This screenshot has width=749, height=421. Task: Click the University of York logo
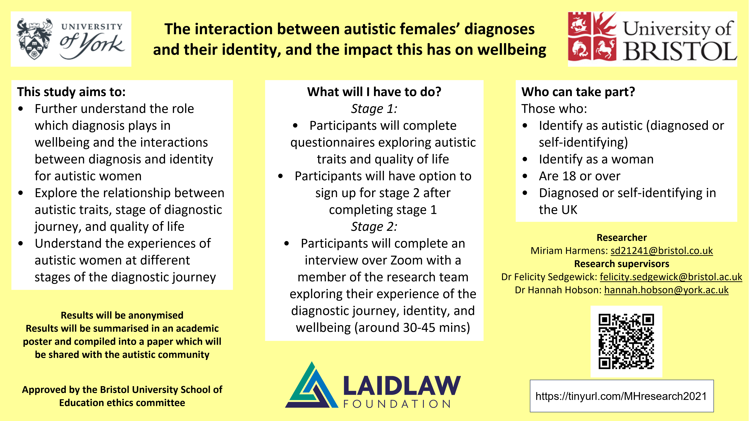(x=71, y=39)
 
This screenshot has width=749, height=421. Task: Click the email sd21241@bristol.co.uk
(x=662, y=251)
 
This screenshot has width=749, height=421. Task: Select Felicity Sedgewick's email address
(x=671, y=277)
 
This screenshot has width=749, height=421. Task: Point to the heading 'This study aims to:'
(x=71, y=92)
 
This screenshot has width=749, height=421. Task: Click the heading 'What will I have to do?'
(x=374, y=92)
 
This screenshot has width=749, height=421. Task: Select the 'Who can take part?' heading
(x=578, y=92)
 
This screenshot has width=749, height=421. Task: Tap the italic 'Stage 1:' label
(x=374, y=109)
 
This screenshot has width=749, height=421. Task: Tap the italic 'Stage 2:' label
(x=374, y=227)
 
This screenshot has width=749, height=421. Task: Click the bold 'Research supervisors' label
(x=622, y=264)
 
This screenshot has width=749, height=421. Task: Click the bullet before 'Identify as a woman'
(x=525, y=159)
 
